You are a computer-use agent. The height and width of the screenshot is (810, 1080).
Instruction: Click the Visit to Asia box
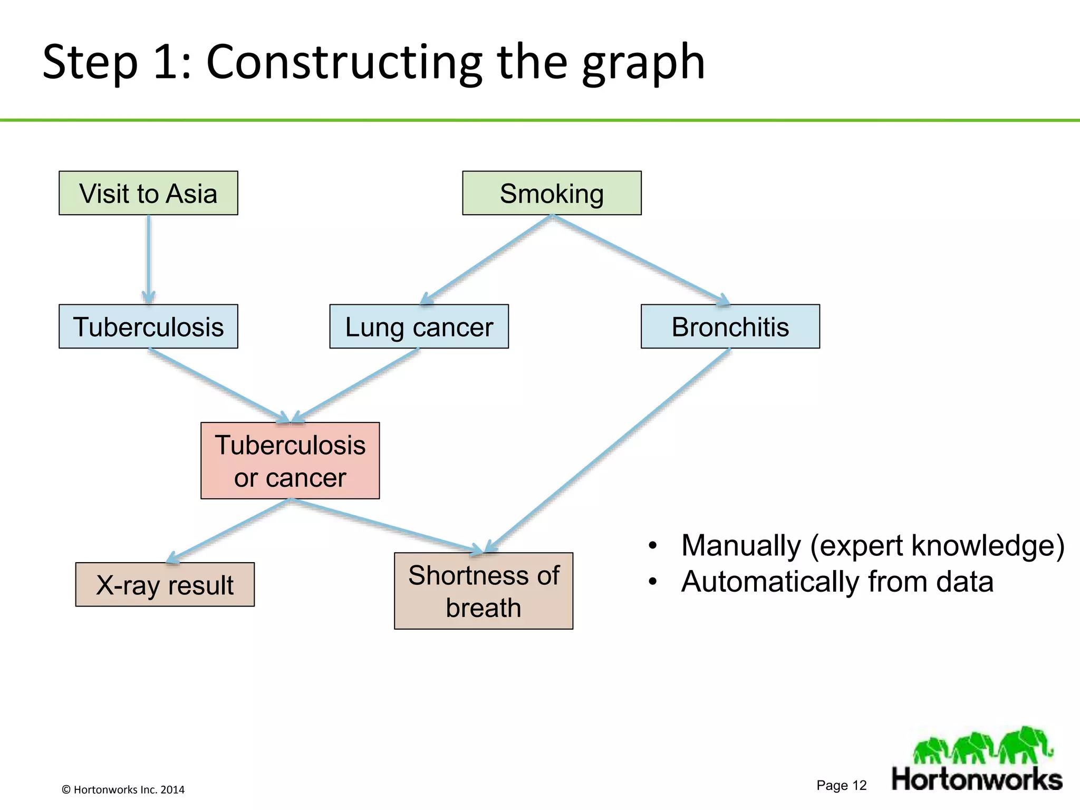[x=148, y=193]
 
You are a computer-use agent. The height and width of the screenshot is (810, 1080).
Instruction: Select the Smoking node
[x=552, y=193]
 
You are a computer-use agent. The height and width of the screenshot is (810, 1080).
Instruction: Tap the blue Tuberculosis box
[x=148, y=326]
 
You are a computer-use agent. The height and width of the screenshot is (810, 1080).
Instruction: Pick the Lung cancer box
[x=419, y=326]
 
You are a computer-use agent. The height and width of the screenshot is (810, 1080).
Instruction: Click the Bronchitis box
[x=730, y=326]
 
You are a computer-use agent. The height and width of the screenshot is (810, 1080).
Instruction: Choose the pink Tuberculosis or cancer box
[x=290, y=460]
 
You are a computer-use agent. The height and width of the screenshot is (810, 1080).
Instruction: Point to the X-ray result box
[x=165, y=584]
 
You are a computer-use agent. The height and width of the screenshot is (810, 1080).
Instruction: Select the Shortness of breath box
[x=483, y=591]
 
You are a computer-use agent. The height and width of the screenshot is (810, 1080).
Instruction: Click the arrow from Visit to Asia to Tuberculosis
[x=149, y=258]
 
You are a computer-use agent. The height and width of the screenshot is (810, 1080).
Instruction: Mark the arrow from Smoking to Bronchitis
[x=641, y=259]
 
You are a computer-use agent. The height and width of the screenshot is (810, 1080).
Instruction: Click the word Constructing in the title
[x=344, y=62]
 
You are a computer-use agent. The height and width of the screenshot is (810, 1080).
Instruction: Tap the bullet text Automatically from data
[x=837, y=582]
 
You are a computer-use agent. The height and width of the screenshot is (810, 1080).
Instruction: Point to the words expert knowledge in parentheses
[x=937, y=545]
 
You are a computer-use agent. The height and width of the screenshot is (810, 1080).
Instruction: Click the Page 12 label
[x=841, y=785]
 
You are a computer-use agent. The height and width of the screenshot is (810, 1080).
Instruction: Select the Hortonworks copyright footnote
[x=123, y=789]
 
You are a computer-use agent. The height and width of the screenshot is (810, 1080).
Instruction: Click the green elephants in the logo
[x=982, y=745]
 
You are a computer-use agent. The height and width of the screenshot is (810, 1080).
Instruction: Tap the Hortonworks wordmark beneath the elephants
[x=977, y=779]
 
